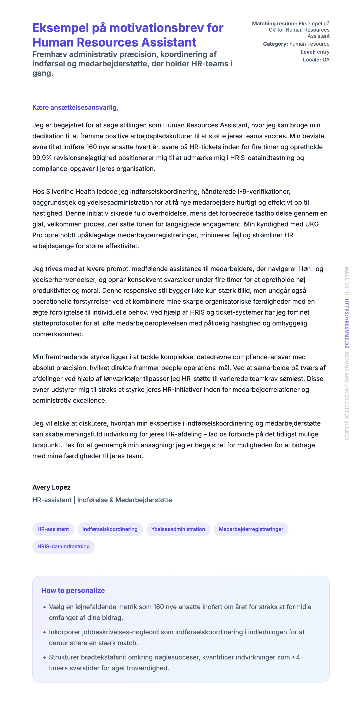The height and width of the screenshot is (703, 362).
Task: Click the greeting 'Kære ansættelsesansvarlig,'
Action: click(x=75, y=108)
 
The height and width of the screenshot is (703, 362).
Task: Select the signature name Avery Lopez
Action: click(x=52, y=487)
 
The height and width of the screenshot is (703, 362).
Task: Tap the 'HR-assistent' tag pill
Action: click(x=53, y=529)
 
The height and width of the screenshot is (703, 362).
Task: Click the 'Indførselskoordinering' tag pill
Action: click(x=110, y=529)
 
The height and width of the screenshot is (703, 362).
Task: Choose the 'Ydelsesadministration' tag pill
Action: click(x=178, y=529)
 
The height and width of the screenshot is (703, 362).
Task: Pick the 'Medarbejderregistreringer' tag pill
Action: click(x=251, y=529)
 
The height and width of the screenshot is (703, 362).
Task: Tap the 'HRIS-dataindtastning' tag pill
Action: click(x=63, y=546)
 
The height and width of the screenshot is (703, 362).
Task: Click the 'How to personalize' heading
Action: click(x=73, y=590)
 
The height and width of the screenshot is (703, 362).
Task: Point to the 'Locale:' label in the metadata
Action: click(x=312, y=60)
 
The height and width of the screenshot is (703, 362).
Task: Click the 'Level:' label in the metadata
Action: click(x=308, y=52)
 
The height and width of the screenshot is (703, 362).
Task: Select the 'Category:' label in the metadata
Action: click(x=275, y=44)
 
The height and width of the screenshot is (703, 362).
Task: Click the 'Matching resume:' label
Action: click(x=274, y=24)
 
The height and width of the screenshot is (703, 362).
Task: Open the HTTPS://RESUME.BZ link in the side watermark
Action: click(x=347, y=323)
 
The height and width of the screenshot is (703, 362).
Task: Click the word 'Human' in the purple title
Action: click(x=53, y=42)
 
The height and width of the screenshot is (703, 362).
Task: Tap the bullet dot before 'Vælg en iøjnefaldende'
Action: click(x=45, y=607)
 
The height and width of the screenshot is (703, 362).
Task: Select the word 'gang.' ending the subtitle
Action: click(x=43, y=73)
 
